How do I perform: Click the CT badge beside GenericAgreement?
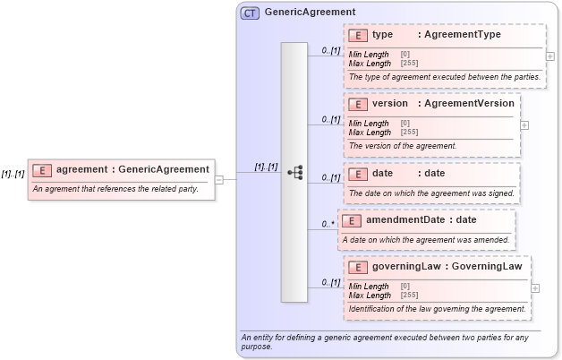250,13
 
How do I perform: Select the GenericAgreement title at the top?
310,13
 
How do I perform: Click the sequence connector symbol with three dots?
295,172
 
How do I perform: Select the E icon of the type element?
358,36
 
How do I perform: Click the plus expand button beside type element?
549,56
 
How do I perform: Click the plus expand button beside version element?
524,124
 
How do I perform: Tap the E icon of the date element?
358,173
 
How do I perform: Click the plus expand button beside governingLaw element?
536,288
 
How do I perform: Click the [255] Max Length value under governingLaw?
409,295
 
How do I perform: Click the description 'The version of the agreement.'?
403,146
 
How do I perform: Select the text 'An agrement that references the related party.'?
115,189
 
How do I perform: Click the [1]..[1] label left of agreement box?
13,174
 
